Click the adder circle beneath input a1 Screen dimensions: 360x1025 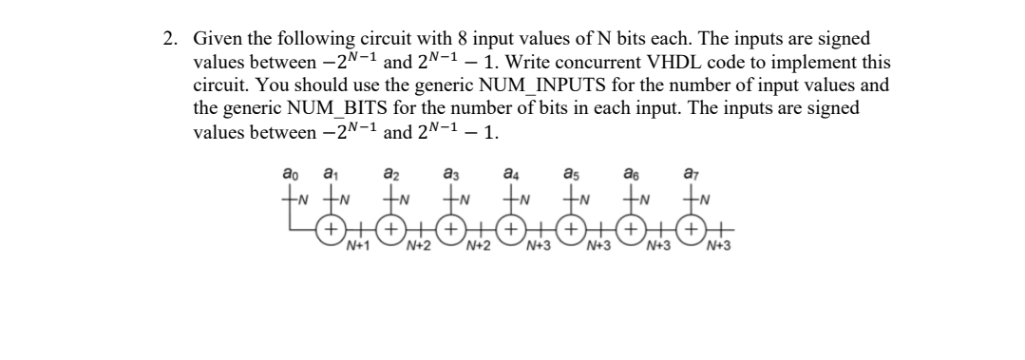(331, 229)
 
